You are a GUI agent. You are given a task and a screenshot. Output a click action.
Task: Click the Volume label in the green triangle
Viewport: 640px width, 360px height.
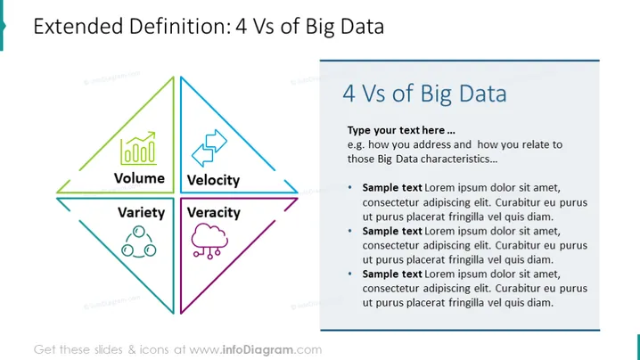139,178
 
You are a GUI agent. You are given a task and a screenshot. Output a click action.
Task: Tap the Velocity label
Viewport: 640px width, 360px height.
213,180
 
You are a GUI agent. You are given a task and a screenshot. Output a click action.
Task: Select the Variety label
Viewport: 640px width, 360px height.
141,213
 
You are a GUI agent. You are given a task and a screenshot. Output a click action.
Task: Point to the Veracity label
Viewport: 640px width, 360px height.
213,213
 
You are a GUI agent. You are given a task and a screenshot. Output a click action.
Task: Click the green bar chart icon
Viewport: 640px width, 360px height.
138,148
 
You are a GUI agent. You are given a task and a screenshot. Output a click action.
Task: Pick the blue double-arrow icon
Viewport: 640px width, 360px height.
209,148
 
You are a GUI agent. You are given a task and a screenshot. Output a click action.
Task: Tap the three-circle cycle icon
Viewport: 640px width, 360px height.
139,241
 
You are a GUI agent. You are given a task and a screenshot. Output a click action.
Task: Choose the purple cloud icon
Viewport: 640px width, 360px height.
209,241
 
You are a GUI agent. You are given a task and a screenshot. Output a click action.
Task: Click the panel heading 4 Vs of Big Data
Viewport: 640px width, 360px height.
424,94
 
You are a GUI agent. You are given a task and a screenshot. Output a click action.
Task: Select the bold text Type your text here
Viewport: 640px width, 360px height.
401,130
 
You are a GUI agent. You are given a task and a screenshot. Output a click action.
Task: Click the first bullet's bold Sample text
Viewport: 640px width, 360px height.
392,188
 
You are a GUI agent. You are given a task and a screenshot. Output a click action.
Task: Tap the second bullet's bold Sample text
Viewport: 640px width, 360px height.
392,231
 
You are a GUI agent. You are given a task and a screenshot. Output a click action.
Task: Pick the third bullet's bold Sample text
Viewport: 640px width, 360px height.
392,274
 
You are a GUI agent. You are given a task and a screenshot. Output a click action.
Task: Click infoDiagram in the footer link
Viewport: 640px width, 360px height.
258,350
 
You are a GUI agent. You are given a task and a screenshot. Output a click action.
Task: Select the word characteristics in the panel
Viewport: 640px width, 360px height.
452,159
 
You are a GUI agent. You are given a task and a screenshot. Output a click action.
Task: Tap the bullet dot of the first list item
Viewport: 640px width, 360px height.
349,187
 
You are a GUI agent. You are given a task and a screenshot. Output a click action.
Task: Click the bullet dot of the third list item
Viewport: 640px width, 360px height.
349,274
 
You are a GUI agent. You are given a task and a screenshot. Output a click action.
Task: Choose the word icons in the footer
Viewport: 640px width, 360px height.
154,350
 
